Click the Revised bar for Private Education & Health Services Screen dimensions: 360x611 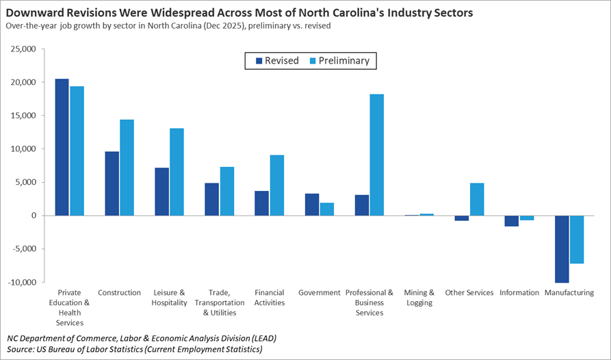[62, 147]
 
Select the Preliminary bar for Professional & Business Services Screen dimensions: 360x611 [376, 155]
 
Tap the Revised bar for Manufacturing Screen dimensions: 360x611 [562, 248]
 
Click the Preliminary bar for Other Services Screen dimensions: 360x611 [477, 199]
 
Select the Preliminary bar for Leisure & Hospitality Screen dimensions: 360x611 [177, 172]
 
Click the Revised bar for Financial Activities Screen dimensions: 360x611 [261, 203]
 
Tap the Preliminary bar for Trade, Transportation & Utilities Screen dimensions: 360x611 [226, 191]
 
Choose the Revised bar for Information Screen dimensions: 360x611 [512, 220]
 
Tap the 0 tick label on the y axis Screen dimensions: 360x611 [32, 216]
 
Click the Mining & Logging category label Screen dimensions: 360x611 [419, 297]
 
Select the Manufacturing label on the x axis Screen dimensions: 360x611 [569, 293]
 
